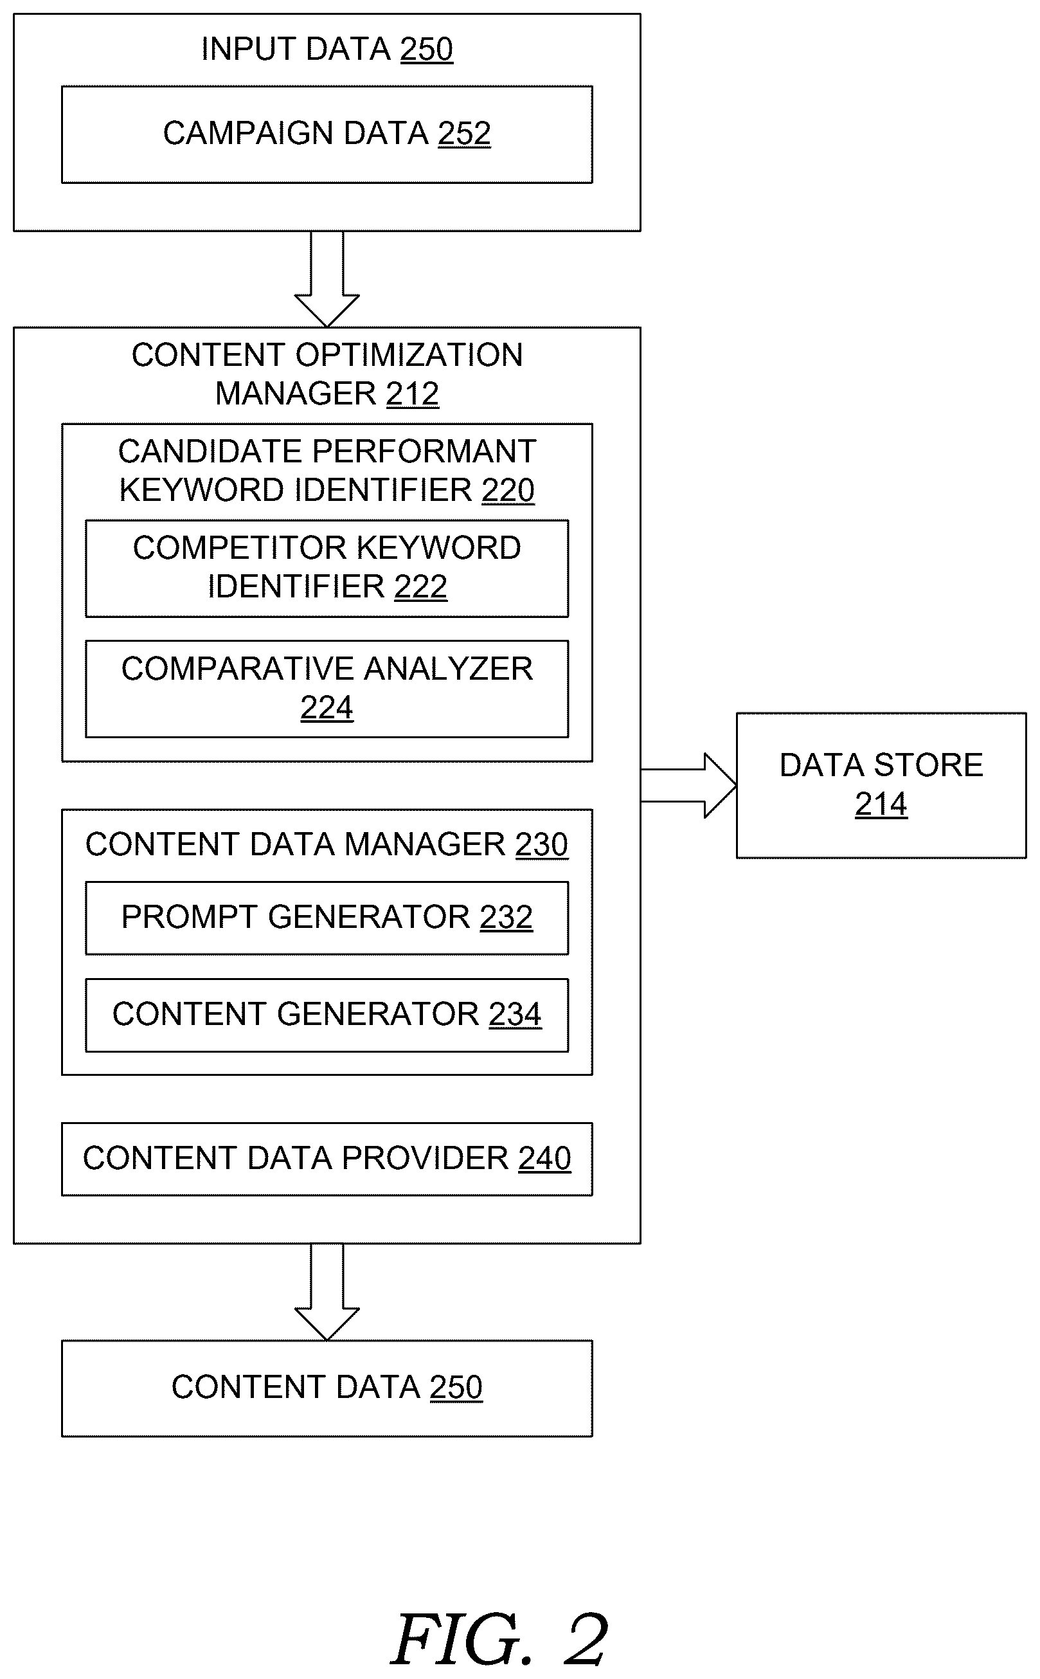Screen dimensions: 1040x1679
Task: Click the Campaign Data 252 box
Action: pos(327,134)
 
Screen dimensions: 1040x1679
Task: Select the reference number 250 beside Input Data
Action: pos(426,50)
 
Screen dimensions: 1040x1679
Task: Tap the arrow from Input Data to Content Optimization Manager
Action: pos(327,278)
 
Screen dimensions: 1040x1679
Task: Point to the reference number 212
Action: pos(413,394)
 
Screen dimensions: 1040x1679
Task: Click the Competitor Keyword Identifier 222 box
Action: pos(327,568)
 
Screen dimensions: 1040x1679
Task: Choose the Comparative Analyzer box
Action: pos(327,689)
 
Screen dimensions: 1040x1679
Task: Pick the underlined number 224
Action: pos(327,708)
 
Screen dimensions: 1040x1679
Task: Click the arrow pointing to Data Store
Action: pos(688,786)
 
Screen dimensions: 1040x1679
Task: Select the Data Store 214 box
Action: pos(881,785)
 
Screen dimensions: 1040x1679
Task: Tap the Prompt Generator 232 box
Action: pos(327,918)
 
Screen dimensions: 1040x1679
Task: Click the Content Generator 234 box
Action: pos(327,1015)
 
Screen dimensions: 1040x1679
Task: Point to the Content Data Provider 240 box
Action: pos(327,1159)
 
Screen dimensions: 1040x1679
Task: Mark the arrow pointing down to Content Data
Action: pos(327,1292)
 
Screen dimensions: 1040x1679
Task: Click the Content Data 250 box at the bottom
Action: pos(327,1388)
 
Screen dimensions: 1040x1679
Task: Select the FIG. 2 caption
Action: pos(500,1639)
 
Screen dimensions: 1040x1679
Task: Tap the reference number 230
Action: pos(542,845)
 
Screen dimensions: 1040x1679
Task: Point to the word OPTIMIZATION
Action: pos(409,356)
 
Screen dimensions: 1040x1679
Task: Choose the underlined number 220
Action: pos(508,491)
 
